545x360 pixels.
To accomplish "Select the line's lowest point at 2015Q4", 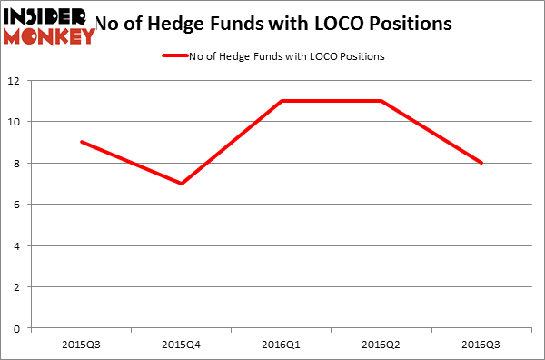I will click(182, 184).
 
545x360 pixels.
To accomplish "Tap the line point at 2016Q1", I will click(282, 101).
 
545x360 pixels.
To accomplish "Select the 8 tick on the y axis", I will click(18, 164).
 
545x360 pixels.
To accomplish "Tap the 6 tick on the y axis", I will click(18, 205).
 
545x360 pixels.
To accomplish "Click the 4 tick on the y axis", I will click(18, 245).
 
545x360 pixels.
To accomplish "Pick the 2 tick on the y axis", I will click(18, 287).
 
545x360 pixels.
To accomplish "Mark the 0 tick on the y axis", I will click(18, 328).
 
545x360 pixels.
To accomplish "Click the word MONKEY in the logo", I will click(49, 35).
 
